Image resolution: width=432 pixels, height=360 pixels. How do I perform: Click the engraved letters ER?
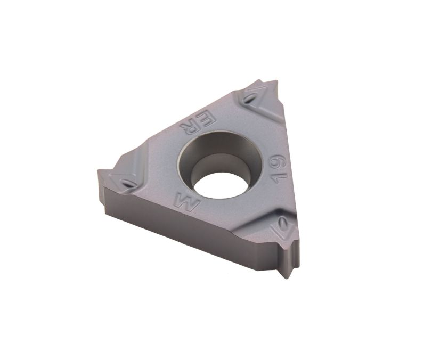[198, 122]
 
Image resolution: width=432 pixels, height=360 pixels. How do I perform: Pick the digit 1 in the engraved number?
[279, 178]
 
